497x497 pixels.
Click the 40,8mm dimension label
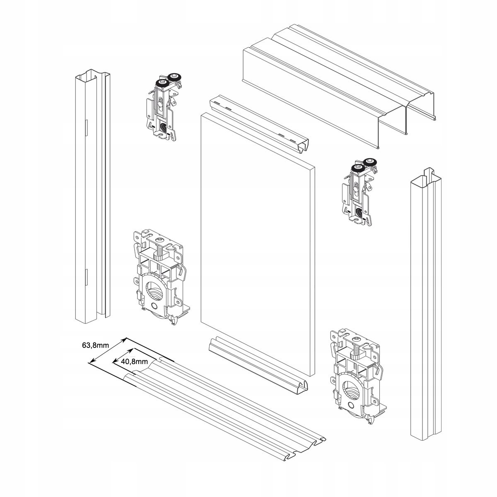click(134, 361)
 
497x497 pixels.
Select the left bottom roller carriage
click(159, 277)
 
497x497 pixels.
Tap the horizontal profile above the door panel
click(259, 124)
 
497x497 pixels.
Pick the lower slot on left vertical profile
click(86, 277)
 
